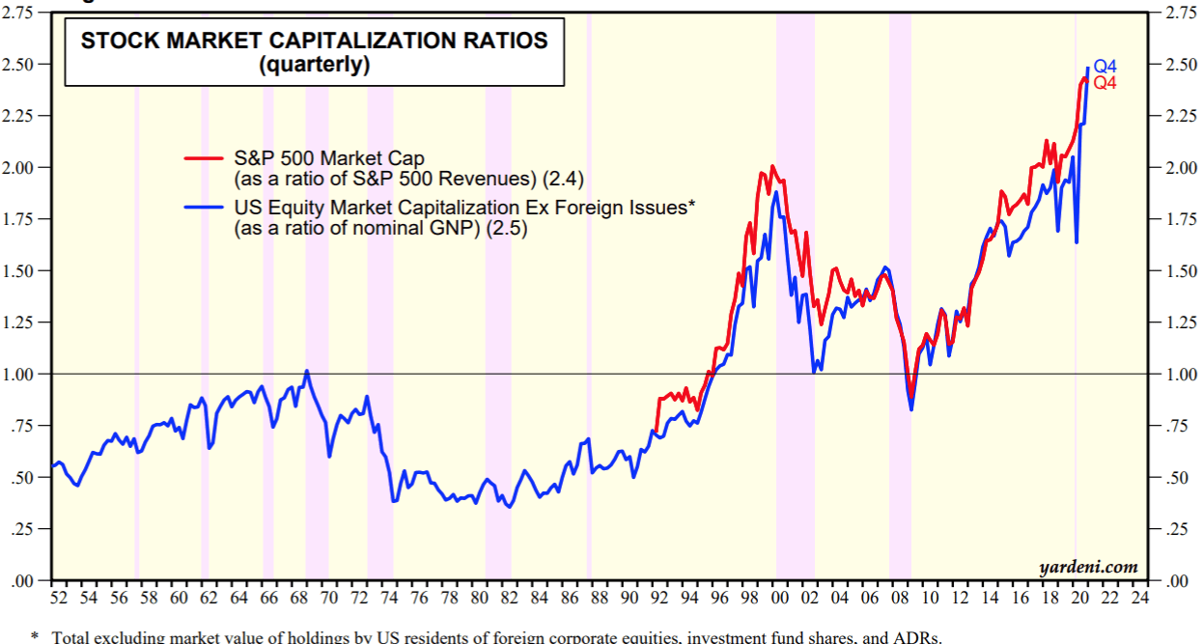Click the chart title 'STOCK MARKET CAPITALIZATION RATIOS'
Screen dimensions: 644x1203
[x=314, y=41]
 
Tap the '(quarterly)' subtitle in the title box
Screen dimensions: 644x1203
[x=314, y=66]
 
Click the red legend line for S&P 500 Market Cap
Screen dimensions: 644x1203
[x=205, y=157]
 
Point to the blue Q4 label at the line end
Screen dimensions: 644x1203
[x=1105, y=67]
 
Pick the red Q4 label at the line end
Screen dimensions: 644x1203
[x=1105, y=83]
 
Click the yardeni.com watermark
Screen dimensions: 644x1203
[x=1088, y=567]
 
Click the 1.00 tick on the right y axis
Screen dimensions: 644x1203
[x=1170, y=374]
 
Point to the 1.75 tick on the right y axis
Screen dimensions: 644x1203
[x=1170, y=219]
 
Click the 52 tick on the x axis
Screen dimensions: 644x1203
[x=59, y=599]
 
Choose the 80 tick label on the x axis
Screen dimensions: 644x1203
[x=479, y=599]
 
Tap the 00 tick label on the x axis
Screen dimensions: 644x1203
[x=780, y=599]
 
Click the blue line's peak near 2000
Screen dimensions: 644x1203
[x=775, y=192]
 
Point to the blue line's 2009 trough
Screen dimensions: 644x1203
[x=910, y=410]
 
